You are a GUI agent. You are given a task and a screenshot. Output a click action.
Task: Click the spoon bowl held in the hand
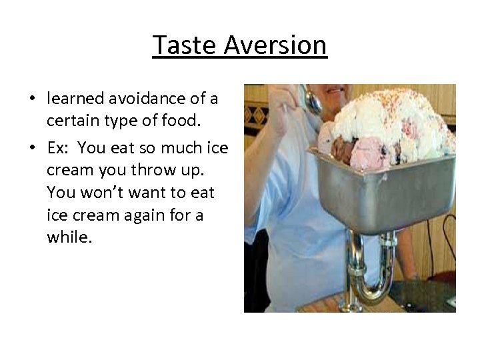point(311,101)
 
